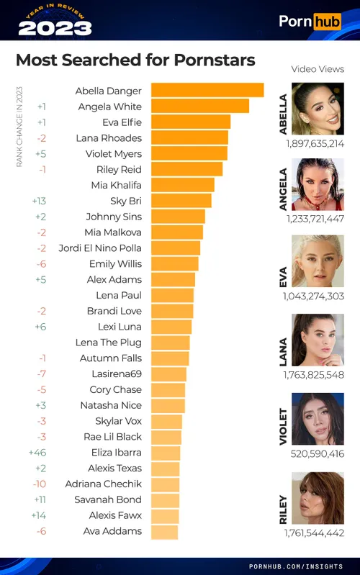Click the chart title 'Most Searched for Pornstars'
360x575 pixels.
click(x=135, y=60)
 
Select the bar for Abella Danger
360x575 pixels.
click(x=207, y=91)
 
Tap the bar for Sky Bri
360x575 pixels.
click(x=181, y=201)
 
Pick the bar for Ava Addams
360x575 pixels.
click(x=165, y=531)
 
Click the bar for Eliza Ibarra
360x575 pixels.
click(x=166, y=453)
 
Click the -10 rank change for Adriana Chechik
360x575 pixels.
click(x=40, y=484)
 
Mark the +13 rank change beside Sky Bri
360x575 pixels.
click(x=40, y=201)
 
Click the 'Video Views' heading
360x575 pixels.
click(x=318, y=69)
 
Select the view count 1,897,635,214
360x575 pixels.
click(x=315, y=143)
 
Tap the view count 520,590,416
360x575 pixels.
click(x=315, y=453)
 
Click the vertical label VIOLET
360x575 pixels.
click(x=283, y=426)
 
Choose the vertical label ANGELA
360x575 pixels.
click(x=283, y=189)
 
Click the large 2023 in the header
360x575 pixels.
click(x=55, y=28)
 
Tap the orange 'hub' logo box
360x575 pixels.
click(x=328, y=21)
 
